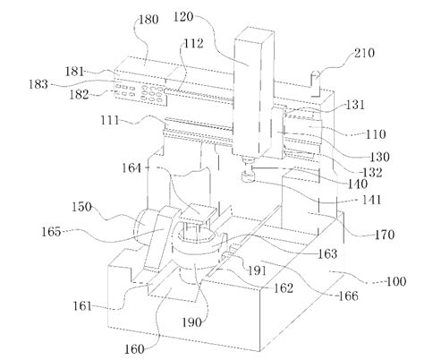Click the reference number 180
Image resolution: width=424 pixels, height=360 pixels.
pyautogui.click(x=148, y=20)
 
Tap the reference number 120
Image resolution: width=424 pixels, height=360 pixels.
pyautogui.click(x=183, y=16)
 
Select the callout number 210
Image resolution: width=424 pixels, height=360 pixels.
pyautogui.click(x=364, y=53)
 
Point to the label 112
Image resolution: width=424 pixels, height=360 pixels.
pyautogui.click(x=193, y=44)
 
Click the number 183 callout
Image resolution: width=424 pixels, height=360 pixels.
pyautogui.click(x=38, y=84)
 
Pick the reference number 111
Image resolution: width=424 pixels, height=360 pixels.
pyautogui.click(x=109, y=121)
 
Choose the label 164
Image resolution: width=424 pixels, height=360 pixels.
pyautogui.click(x=131, y=167)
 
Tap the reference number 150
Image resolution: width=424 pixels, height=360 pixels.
pyautogui.click(x=81, y=207)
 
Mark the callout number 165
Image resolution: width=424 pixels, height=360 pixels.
pyautogui.click(x=51, y=232)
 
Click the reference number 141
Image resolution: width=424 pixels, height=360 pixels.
pyautogui.click(x=371, y=200)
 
